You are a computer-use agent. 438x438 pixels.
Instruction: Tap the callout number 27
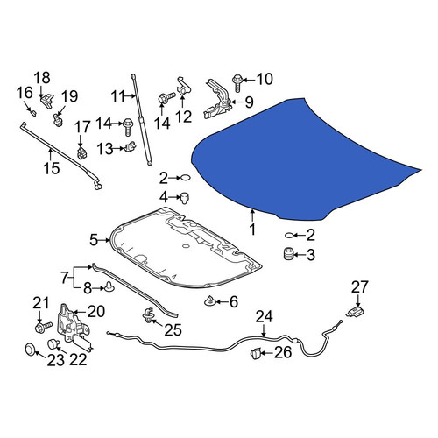click(359, 287)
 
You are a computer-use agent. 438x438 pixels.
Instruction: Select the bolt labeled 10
click(237, 83)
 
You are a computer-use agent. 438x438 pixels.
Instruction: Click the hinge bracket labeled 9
click(217, 99)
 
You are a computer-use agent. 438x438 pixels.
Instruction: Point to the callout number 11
click(118, 96)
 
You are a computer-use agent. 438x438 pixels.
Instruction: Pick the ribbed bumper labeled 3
click(288, 254)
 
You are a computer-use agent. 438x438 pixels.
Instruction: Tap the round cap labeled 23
click(30, 350)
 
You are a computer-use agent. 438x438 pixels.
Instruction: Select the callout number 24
click(265, 317)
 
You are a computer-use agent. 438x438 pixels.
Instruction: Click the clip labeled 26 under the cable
click(255, 354)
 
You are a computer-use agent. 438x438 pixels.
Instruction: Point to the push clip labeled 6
click(209, 300)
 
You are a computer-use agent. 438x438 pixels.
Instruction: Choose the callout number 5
click(94, 240)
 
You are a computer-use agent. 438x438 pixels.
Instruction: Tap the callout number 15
click(52, 168)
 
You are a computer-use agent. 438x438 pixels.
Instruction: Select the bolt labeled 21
click(43, 327)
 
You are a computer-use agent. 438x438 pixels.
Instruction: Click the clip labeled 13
click(131, 146)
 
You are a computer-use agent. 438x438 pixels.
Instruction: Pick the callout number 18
click(42, 78)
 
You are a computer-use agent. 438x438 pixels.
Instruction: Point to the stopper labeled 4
click(185, 198)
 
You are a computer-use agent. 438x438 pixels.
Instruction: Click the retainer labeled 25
click(148, 315)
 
